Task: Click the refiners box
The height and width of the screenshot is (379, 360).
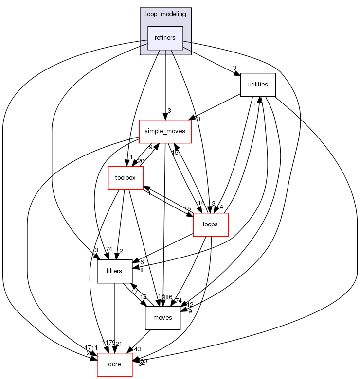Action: click(165, 38)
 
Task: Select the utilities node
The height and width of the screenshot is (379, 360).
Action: click(258, 85)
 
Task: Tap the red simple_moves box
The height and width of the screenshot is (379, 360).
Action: click(165, 131)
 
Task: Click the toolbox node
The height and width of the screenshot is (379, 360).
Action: click(125, 177)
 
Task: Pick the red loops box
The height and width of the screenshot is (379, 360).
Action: click(211, 224)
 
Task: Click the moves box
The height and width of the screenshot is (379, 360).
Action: click(163, 318)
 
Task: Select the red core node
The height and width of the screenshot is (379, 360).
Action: click(115, 364)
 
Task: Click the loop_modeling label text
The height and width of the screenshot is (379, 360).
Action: click(165, 14)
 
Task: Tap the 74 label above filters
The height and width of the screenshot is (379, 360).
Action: click(108, 249)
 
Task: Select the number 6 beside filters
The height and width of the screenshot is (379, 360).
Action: click(142, 262)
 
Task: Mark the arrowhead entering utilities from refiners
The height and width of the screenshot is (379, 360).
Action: click(237, 74)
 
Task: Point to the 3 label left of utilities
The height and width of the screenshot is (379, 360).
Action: click(234, 68)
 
